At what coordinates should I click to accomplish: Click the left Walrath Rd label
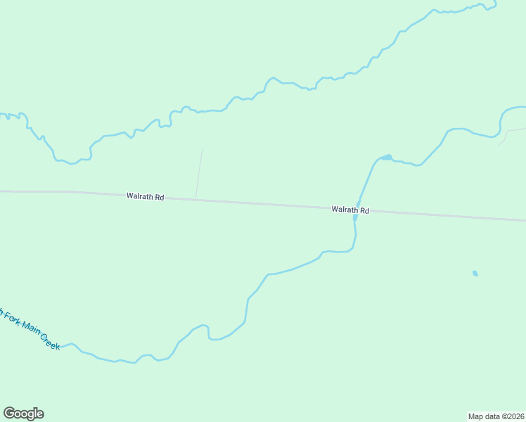(145, 197)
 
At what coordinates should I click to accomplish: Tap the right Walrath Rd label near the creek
(350, 210)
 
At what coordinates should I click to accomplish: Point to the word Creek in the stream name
(49, 342)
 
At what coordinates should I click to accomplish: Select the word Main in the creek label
(30, 328)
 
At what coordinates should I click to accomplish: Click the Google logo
(23, 414)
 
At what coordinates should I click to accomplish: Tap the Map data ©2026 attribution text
(496, 416)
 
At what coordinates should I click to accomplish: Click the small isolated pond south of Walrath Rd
(475, 273)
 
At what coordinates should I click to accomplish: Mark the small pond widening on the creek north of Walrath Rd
(386, 157)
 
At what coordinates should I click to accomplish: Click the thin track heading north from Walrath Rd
(200, 172)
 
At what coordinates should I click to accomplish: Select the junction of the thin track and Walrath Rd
(195, 200)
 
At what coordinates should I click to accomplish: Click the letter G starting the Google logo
(8, 413)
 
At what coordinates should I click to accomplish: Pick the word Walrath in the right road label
(345, 210)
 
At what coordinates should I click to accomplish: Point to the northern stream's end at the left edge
(2, 114)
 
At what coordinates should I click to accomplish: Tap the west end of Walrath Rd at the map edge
(2, 191)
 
